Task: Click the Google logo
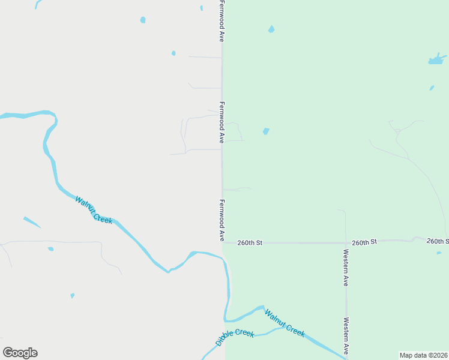20,353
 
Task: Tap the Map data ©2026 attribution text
424,355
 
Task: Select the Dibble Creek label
235,338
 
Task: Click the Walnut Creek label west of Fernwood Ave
94,211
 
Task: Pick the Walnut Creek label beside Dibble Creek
285,323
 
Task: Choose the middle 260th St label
364,242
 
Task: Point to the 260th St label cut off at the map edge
438,241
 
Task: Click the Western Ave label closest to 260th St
346,268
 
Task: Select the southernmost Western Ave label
346,335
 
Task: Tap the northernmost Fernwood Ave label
221,21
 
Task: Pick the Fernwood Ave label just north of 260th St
221,220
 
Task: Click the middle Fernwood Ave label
221,122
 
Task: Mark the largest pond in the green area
437,59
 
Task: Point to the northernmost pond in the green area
271,29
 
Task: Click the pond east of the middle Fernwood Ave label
266,131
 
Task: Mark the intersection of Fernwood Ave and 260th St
223,243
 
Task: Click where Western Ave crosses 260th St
346,242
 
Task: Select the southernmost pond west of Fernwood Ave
72,296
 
